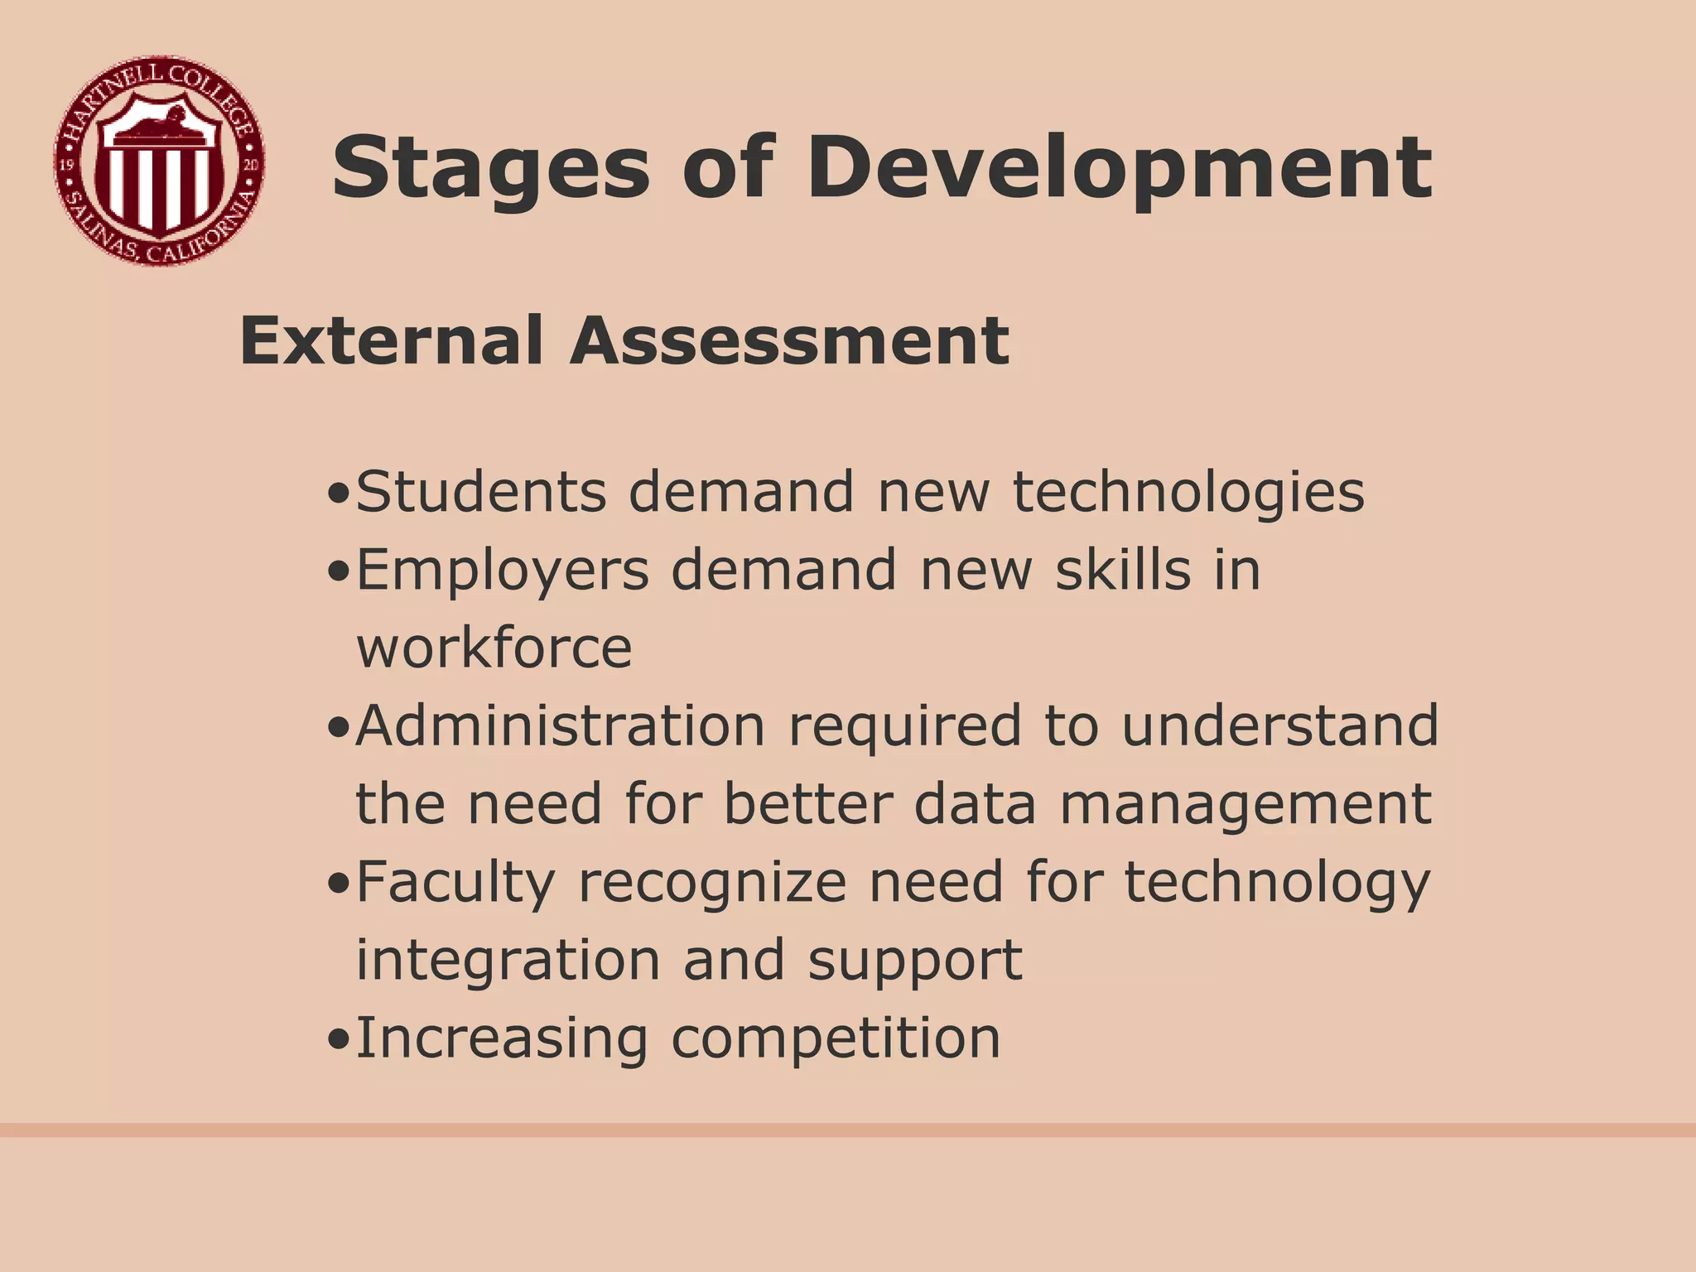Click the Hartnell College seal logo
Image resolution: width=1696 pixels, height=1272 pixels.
(160, 161)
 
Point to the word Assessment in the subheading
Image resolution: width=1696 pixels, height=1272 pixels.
(789, 340)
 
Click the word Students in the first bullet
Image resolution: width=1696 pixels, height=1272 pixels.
(481, 492)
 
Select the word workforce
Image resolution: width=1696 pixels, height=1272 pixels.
(494, 648)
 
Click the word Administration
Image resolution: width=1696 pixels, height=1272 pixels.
(561, 725)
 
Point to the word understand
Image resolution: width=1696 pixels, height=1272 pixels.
(1280, 725)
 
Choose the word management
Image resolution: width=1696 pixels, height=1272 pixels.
(1245, 805)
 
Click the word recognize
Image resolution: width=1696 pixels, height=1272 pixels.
(712, 883)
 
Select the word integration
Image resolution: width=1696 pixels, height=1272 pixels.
(508, 961)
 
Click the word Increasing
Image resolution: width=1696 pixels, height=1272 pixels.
(502, 1038)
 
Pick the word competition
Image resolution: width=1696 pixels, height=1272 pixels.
(836, 1038)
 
